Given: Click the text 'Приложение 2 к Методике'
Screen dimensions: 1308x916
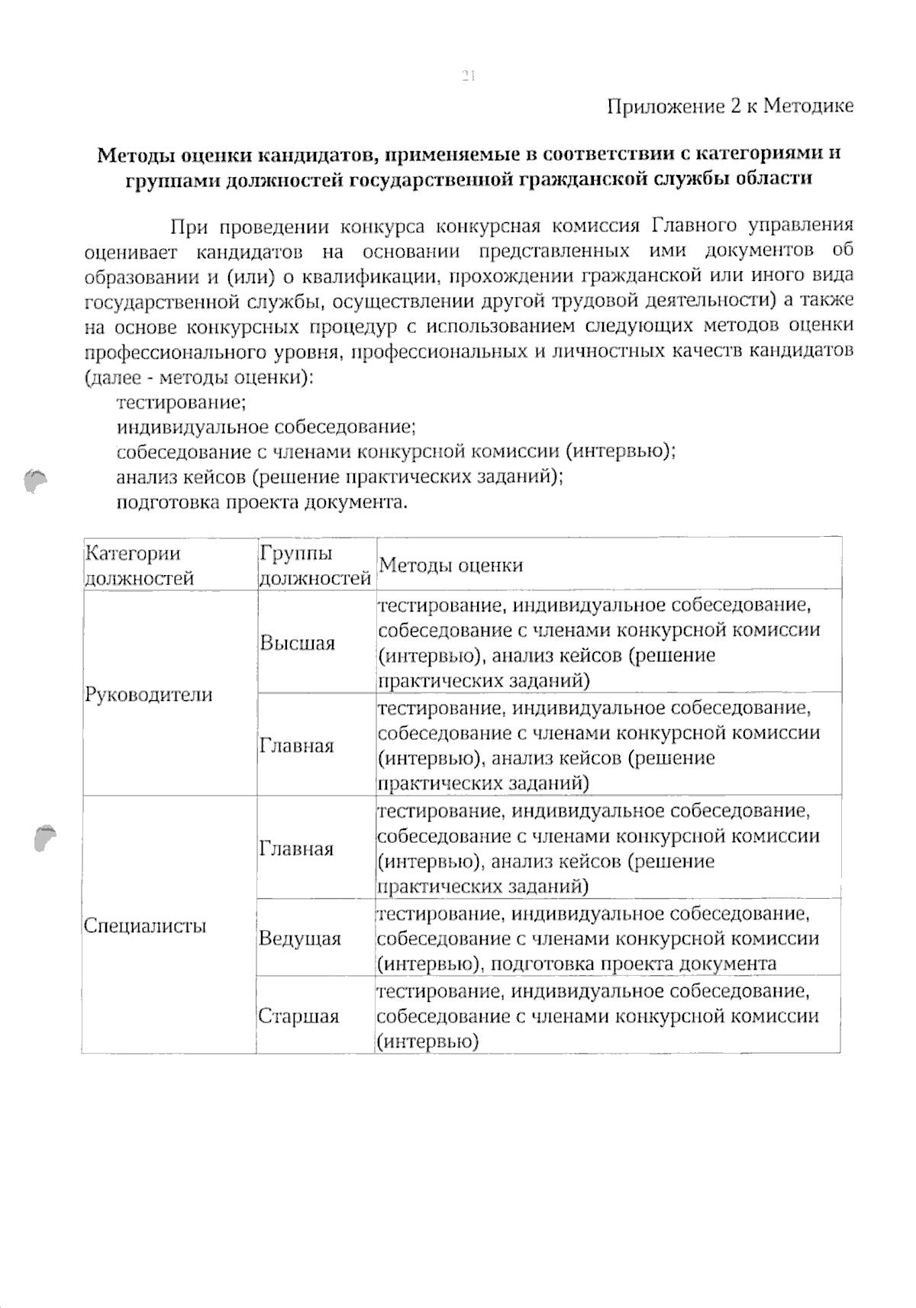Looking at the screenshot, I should [x=730, y=105].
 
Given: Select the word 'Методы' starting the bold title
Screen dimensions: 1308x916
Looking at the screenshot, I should [x=136, y=154].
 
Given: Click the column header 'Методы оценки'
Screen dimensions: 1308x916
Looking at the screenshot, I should [x=450, y=565].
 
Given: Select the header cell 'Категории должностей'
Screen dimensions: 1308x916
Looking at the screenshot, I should [x=139, y=565].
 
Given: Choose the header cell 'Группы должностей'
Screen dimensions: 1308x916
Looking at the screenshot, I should [x=314, y=565].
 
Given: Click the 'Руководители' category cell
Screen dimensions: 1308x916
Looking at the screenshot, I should [x=148, y=695].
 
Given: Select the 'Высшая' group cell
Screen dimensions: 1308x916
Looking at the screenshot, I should [x=297, y=643].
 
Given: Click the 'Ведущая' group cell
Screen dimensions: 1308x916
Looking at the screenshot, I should [x=299, y=938].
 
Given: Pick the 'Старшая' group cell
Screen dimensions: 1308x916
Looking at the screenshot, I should [x=298, y=1016].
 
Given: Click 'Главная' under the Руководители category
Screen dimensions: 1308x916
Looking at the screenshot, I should [x=296, y=746].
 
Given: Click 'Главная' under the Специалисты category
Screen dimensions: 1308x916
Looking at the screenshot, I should [x=296, y=849].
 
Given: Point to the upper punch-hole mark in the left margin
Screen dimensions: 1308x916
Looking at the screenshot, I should [x=34, y=481].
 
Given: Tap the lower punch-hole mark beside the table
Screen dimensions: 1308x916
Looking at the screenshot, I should [x=44, y=837].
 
